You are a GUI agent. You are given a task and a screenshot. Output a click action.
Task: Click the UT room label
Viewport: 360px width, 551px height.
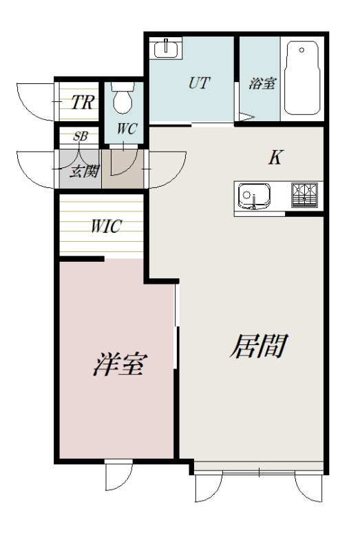[x=199, y=83]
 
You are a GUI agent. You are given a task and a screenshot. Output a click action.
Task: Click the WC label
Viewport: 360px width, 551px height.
[x=125, y=129]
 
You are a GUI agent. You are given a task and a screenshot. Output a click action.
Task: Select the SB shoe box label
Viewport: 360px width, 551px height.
[x=81, y=136]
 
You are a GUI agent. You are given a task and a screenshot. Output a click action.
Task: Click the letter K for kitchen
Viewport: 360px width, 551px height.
[x=274, y=158]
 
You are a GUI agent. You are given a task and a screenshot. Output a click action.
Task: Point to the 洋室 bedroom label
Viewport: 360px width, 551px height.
[x=118, y=364]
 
